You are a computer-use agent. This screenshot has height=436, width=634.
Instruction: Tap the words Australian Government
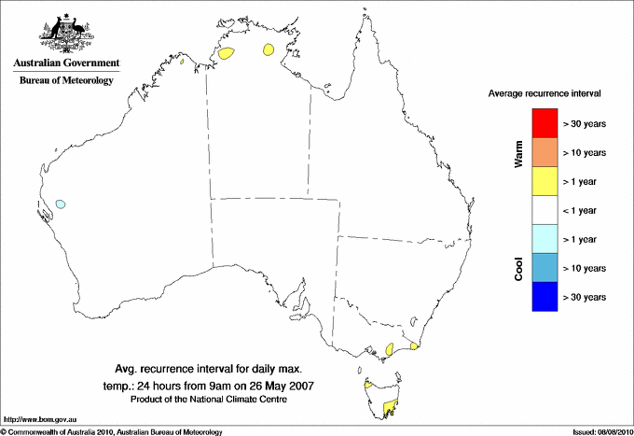(x=66, y=63)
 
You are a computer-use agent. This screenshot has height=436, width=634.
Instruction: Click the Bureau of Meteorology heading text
(x=66, y=80)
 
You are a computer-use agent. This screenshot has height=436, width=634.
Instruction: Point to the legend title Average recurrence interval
(x=544, y=94)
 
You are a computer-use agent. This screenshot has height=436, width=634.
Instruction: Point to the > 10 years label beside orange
(x=586, y=152)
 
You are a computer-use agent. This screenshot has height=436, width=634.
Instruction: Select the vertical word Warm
(x=518, y=155)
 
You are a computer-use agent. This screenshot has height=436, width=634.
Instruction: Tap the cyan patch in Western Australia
(x=61, y=204)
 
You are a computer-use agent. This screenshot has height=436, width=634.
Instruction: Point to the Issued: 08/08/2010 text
(x=600, y=431)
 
